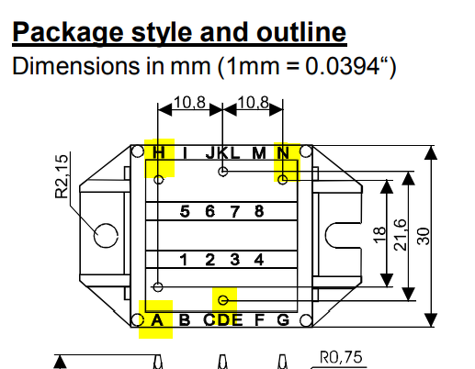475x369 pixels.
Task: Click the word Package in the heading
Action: (68, 33)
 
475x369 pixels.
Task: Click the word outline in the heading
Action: (301, 32)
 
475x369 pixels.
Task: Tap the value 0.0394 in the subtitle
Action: (342, 66)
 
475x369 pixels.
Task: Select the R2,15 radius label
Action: (62, 176)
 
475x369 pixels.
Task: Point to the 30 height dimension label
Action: (424, 236)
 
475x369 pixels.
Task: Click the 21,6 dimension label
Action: (401, 235)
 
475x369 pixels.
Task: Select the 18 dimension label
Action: (379, 235)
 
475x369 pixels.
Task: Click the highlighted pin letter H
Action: (159, 152)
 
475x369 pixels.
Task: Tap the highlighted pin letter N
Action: (283, 152)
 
